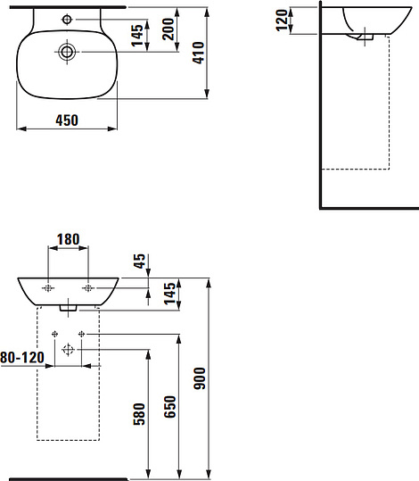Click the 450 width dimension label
tap(67, 120)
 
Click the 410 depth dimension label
tap(199, 53)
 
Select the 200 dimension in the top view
tap(168, 29)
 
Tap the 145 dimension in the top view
tap(137, 36)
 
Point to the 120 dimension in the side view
tap(282, 21)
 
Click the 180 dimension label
tap(69, 239)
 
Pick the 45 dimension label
tap(140, 261)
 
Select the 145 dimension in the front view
tap(169, 294)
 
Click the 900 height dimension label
tap(200, 378)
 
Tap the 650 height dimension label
tap(169, 407)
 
